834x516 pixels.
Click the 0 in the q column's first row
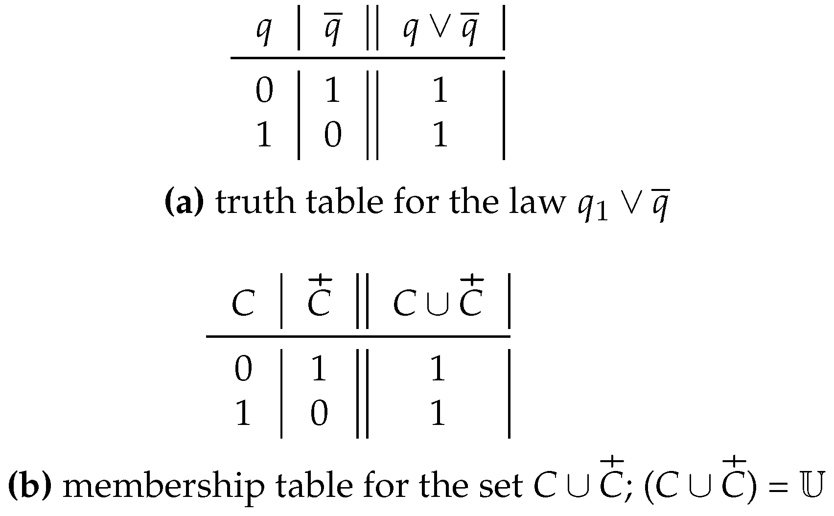coord(264,92)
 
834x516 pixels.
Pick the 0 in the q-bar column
coord(333,135)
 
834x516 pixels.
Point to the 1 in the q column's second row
coord(264,135)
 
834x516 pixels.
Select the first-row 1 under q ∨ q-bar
coord(440,92)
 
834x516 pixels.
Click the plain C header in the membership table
coord(243,305)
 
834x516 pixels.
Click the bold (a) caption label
coord(184,203)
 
